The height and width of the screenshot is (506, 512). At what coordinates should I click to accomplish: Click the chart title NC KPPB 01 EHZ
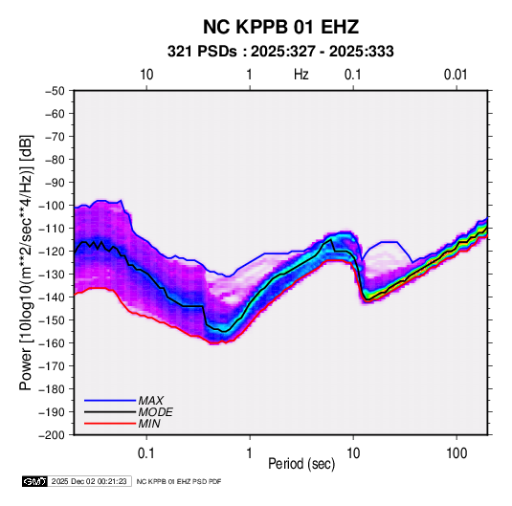(280, 27)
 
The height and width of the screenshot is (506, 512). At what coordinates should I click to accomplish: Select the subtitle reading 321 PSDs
(202, 52)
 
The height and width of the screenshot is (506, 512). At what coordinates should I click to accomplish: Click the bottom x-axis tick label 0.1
(146, 453)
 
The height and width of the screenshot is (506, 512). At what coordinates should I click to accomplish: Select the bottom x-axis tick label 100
(456, 453)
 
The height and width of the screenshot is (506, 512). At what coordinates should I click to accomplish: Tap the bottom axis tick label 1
(250, 453)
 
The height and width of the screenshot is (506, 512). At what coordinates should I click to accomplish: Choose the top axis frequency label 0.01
(456, 75)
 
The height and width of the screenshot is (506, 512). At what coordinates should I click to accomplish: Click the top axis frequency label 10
(146, 75)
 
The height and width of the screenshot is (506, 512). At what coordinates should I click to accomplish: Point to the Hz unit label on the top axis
(301, 75)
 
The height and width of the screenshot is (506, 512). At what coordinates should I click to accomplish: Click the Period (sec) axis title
(301, 464)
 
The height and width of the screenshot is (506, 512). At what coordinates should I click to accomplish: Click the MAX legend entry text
(151, 401)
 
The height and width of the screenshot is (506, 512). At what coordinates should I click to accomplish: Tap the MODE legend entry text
(155, 412)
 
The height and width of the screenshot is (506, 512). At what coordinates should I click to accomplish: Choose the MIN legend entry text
(149, 424)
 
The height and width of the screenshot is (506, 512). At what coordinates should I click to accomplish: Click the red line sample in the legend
(110, 424)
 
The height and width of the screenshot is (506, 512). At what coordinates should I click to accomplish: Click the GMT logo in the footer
(34, 481)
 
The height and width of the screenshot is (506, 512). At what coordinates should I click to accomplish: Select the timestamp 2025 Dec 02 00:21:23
(89, 481)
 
